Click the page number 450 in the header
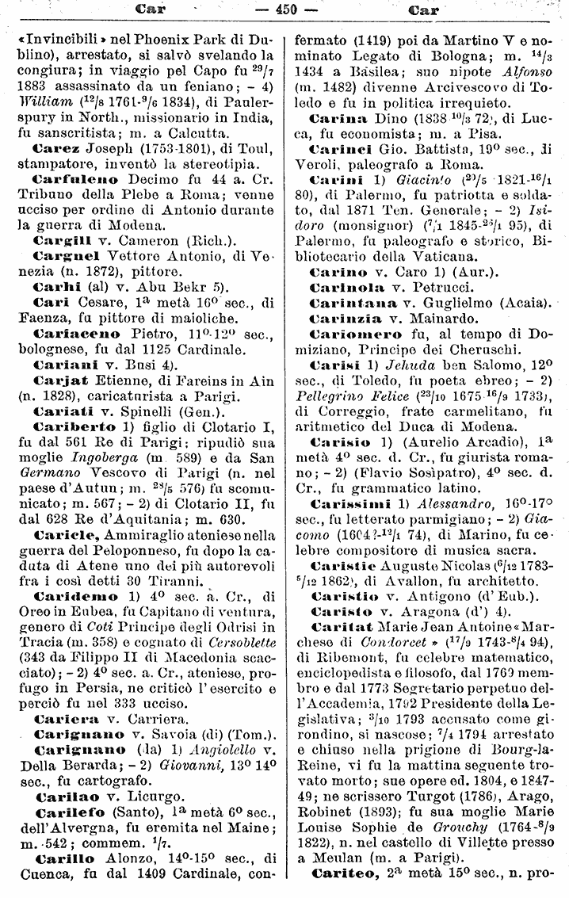tap(284, 10)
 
